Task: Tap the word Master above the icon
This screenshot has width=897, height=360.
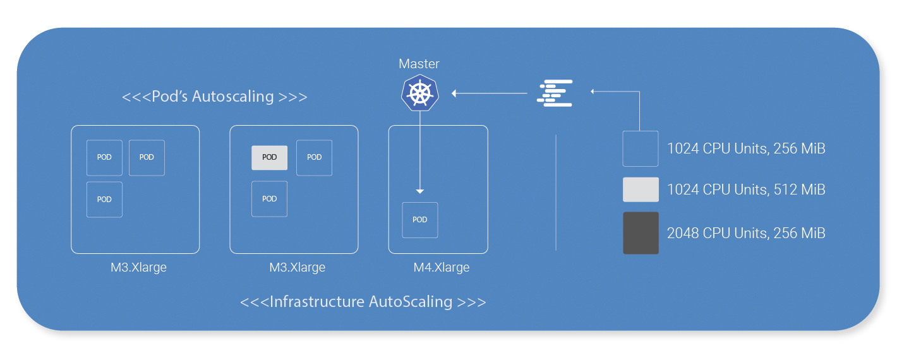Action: coord(419,64)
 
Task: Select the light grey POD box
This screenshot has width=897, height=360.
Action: coord(269,157)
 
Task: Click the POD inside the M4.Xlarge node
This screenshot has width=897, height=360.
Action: coord(420,220)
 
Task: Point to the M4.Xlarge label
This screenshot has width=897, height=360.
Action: coord(442,267)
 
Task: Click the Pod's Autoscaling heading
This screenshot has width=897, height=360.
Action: coord(215,97)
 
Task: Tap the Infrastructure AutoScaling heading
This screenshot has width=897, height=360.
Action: coord(363,302)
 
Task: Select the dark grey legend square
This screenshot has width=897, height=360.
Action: coord(641,233)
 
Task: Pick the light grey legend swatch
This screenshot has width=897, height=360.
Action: coord(641,189)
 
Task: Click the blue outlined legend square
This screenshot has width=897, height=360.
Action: coord(641,148)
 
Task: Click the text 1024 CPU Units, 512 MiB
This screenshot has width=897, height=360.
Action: coord(746,189)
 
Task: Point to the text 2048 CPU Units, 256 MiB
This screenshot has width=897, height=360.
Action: coord(746,233)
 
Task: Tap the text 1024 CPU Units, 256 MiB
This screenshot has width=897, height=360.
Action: coord(746,148)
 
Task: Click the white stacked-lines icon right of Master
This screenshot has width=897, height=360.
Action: coord(555,93)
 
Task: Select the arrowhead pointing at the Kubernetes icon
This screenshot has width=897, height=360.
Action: coord(454,93)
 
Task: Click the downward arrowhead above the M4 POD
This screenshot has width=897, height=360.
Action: coord(420,191)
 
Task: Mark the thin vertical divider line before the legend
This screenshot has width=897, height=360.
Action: coord(556,192)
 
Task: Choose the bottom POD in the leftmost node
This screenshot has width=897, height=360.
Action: coord(104,199)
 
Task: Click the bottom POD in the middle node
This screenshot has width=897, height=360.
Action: coord(269,199)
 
